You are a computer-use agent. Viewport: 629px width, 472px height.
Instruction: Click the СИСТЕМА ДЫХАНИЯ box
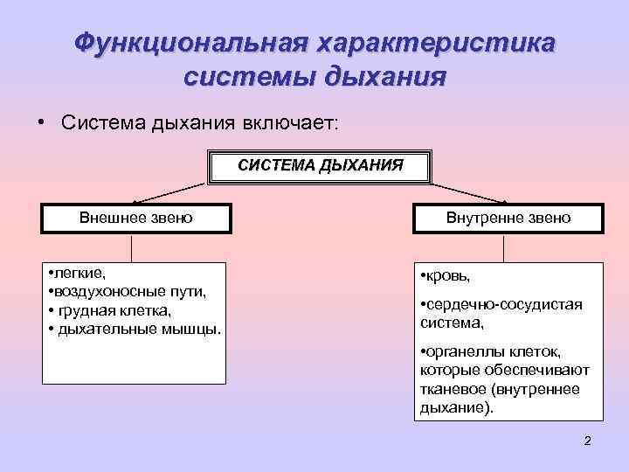321,167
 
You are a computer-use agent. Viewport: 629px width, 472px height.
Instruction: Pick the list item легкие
78,273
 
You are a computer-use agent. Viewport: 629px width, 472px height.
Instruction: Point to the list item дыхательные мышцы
139,330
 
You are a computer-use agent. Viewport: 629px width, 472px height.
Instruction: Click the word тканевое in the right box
451,388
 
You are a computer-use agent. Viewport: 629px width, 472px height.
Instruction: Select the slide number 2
587,441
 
